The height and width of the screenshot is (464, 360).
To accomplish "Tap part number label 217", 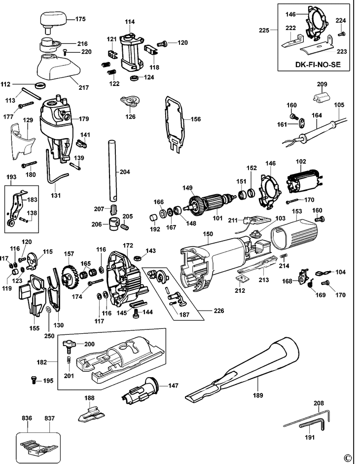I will point(84,88).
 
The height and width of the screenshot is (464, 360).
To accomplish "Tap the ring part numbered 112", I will point(41,85).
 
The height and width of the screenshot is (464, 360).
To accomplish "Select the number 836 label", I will point(27,418).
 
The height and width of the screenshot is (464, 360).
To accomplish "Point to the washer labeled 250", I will point(48,310).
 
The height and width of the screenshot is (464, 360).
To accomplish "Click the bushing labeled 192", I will point(154,217).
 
